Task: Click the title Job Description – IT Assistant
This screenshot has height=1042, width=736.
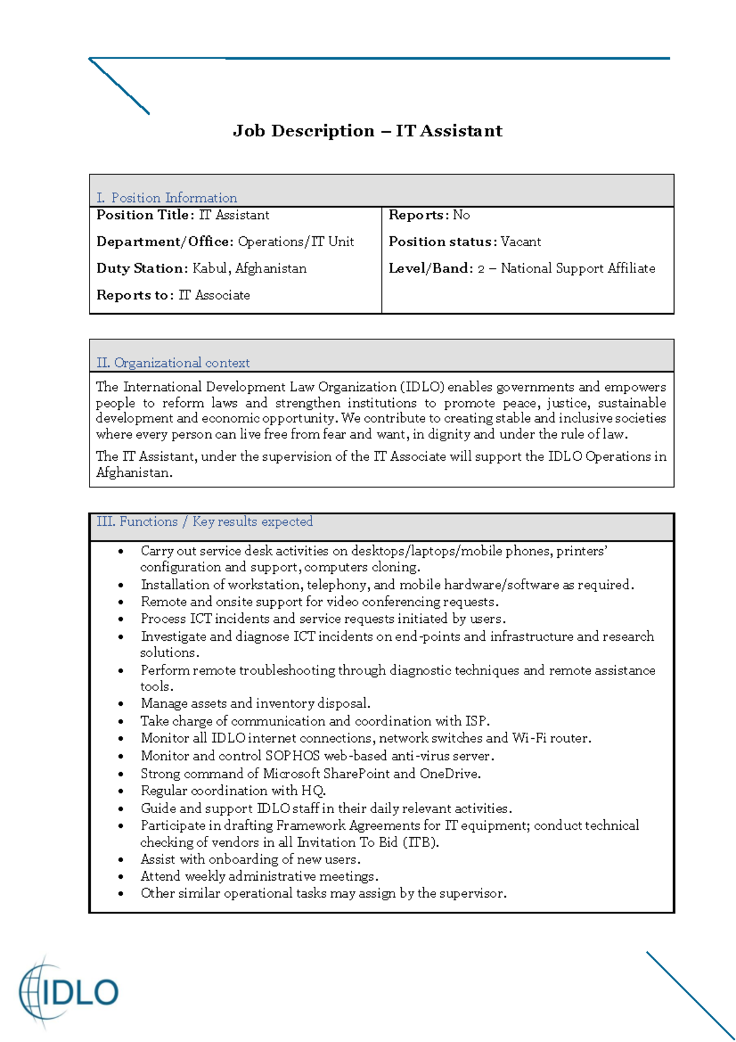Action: coord(367,131)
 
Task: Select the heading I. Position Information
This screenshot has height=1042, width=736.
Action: coord(166,198)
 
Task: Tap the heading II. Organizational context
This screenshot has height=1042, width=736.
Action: coord(172,363)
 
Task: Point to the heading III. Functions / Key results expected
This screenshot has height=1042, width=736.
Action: coord(204,522)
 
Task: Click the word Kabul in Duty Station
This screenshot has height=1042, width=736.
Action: coord(209,268)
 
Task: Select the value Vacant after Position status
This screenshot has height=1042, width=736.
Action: coord(520,242)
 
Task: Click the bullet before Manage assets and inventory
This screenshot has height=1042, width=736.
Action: coord(121,704)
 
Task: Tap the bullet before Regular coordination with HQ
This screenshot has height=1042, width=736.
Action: coord(121,791)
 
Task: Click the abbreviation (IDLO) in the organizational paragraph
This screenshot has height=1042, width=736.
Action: coord(422,387)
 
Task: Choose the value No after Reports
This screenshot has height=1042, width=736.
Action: coord(461,215)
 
